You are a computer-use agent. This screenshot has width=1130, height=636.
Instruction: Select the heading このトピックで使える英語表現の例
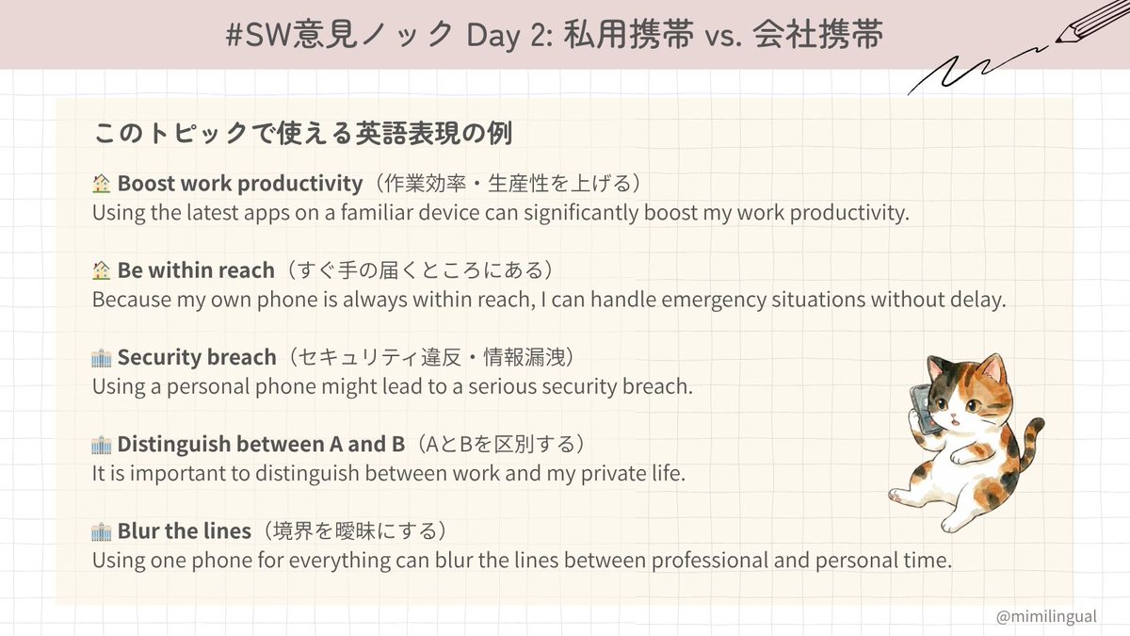pyautogui.click(x=301, y=133)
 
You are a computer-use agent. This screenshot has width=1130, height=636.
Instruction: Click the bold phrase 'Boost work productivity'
pyautogui.click(x=239, y=183)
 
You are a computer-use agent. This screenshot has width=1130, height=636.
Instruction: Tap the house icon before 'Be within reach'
pyautogui.click(x=102, y=271)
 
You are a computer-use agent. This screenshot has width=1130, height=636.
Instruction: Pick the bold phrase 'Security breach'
pyautogui.click(x=197, y=358)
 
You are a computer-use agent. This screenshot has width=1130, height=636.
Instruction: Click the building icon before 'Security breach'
pyautogui.click(x=102, y=358)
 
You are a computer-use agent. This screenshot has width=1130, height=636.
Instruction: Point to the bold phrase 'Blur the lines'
pyautogui.click(x=185, y=530)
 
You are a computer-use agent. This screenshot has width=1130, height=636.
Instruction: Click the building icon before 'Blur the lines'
pyautogui.click(x=102, y=530)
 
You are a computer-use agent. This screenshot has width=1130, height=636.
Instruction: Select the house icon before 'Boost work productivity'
pyautogui.click(x=102, y=183)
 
